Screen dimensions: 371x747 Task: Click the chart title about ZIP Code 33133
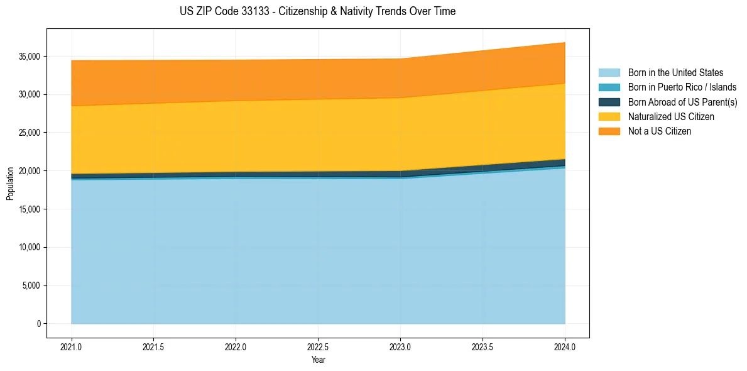(x=317, y=11)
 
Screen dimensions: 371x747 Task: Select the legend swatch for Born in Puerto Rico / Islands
(x=609, y=87)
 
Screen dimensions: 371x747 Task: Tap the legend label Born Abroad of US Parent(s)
(x=682, y=102)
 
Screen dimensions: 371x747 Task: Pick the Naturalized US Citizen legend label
(x=671, y=117)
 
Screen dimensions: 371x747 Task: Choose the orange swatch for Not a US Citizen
(x=609, y=131)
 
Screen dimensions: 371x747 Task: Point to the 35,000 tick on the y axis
(x=30, y=57)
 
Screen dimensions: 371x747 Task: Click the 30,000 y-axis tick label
(x=30, y=94)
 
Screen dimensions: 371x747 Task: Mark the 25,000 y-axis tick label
(x=30, y=133)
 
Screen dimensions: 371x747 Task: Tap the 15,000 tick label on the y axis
(x=30, y=209)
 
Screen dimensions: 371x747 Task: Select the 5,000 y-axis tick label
(x=32, y=285)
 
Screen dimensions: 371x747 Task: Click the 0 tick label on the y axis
(x=38, y=324)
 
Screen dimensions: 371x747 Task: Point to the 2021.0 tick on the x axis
(x=72, y=346)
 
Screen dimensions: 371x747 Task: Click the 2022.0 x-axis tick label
(x=236, y=346)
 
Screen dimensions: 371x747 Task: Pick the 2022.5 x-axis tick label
(x=318, y=346)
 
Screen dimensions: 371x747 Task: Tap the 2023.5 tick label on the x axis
(x=483, y=346)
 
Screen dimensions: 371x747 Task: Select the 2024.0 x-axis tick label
(x=565, y=346)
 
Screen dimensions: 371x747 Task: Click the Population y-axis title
(x=10, y=184)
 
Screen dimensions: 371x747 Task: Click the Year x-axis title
(x=318, y=360)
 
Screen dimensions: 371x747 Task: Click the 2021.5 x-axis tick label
(x=154, y=346)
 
